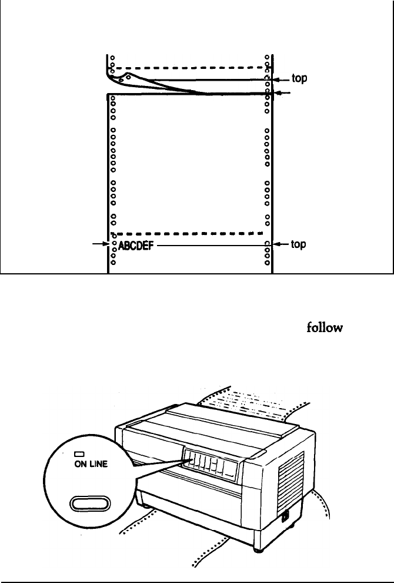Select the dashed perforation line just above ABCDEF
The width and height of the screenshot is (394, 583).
click(x=187, y=233)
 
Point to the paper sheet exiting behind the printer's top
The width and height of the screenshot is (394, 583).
click(x=253, y=406)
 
